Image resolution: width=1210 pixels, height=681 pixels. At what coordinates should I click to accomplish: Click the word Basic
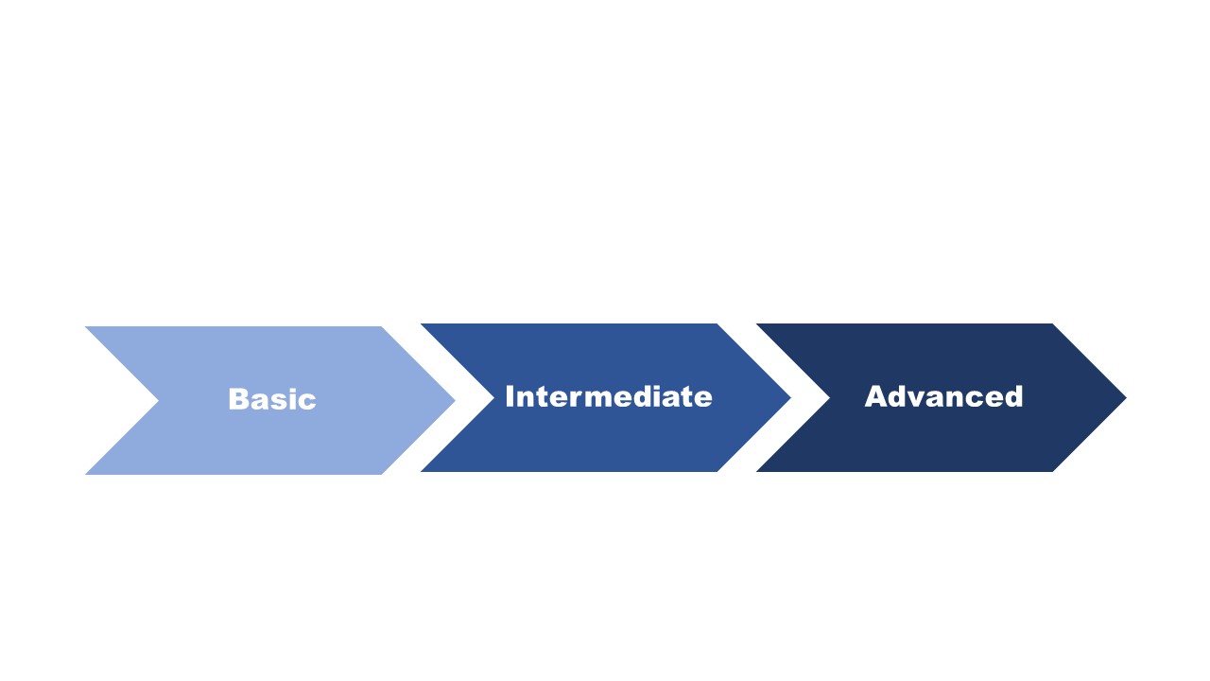(x=272, y=399)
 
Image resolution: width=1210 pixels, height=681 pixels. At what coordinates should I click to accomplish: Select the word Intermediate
(x=608, y=396)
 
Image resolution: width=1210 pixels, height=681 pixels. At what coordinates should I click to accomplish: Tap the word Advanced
(x=943, y=396)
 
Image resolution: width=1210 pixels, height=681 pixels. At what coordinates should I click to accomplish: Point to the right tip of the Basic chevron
(x=454, y=400)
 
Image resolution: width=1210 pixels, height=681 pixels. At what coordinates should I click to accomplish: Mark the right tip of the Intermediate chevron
(x=789, y=398)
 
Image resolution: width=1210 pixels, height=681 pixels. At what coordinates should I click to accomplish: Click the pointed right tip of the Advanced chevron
(x=1125, y=398)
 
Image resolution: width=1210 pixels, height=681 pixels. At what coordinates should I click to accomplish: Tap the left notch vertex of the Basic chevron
(x=158, y=400)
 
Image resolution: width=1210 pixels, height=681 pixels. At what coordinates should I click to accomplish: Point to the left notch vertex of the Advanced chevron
(x=829, y=398)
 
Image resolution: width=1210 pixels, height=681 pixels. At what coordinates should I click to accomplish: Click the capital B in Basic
(x=237, y=399)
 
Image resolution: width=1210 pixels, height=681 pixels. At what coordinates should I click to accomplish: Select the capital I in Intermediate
(x=510, y=396)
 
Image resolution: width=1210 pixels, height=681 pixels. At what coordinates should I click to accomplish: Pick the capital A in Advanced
(x=875, y=396)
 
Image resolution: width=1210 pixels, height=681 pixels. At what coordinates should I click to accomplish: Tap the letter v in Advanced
(x=922, y=398)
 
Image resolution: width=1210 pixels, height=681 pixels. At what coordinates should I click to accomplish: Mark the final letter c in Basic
(x=308, y=401)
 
